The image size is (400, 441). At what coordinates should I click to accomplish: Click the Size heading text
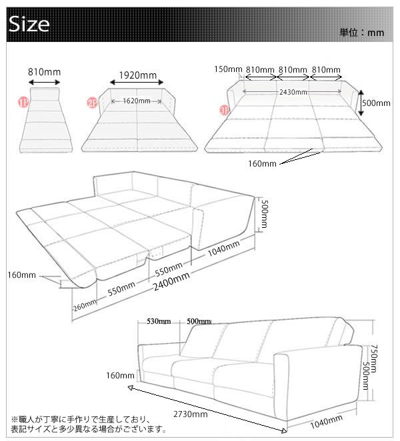click(29, 24)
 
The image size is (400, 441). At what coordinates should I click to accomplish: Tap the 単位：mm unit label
click(362, 33)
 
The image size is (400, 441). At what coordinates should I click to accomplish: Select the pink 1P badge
click(23, 103)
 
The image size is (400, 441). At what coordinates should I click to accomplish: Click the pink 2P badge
click(92, 103)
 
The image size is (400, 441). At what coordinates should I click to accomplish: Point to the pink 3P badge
click(225, 111)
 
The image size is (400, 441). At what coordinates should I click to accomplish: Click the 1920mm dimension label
click(137, 75)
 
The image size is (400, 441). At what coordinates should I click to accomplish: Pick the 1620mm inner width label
click(137, 101)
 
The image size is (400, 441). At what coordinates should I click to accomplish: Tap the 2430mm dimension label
click(293, 92)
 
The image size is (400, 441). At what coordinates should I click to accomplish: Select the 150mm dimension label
click(228, 69)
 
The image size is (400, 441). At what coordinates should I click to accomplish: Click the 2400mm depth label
click(171, 281)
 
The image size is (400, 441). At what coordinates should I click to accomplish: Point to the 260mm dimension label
click(85, 306)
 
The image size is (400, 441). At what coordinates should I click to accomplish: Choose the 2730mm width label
click(190, 414)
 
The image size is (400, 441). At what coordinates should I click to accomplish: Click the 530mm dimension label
click(159, 321)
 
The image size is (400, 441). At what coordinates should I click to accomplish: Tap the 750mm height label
click(374, 358)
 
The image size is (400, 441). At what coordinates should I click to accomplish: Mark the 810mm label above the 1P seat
click(44, 72)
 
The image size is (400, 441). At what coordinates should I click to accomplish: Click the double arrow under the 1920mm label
click(137, 82)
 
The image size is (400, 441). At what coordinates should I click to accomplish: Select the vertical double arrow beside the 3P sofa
click(361, 103)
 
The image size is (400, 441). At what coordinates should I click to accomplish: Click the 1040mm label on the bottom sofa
click(326, 422)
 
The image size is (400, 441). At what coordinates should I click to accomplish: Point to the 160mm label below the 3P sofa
click(262, 164)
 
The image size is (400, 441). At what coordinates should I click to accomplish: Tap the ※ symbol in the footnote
click(15, 420)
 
